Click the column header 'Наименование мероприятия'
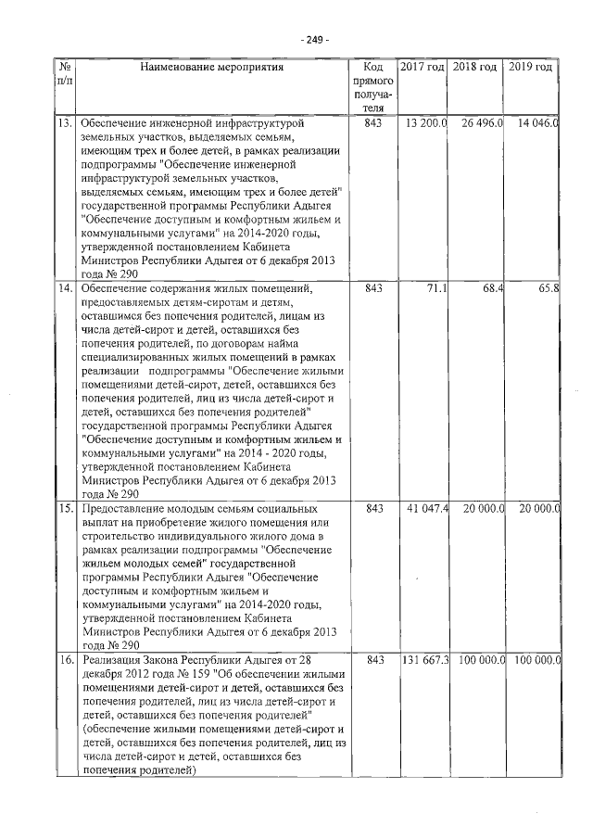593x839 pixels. pyautogui.click(x=212, y=68)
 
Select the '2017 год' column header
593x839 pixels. pyautogui.click(x=423, y=68)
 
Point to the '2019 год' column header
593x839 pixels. pyautogui.click(x=532, y=68)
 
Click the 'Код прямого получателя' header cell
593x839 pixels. pyautogui.click(x=373, y=88)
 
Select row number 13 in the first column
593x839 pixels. pyautogui.click(x=66, y=122)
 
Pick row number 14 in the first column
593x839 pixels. pyautogui.click(x=66, y=289)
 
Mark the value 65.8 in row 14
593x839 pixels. pyautogui.click(x=548, y=289)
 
